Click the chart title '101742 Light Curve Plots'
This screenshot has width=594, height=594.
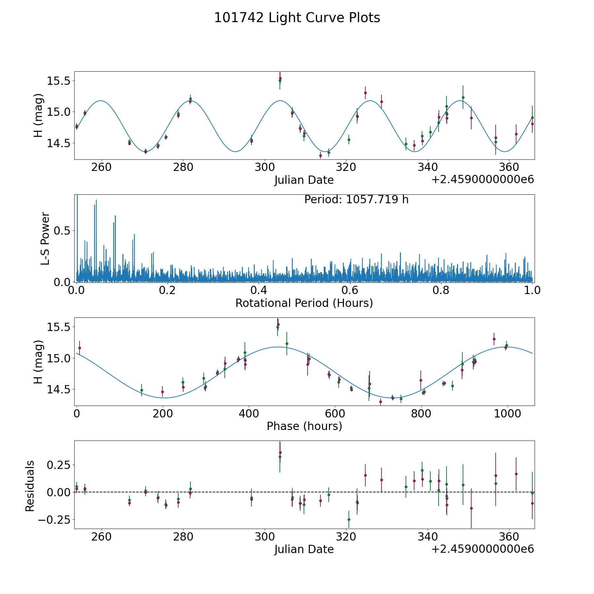pyautogui.click(x=297, y=18)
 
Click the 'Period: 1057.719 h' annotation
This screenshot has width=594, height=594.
pyautogui.click(x=356, y=200)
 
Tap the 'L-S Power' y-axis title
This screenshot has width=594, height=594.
pyautogui.click(x=46, y=238)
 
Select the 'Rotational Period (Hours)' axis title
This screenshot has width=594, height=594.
pyautogui.click(x=304, y=303)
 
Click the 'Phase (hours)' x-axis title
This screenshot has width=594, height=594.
pyautogui.click(x=304, y=426)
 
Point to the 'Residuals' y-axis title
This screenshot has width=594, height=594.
pyautogui.click(x=30, y=486)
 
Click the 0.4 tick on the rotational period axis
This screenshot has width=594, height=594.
pyautogui.click(x=259, y=291)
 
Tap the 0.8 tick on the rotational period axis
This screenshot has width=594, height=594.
pyautogui.click(x=441, y=291)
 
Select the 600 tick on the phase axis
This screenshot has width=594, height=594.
pyautogui.click(x=335, y=414)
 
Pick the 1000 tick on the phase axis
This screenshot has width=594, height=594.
pyautogui.click(x=507, y=414)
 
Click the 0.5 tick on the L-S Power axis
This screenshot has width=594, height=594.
pyautogui.click(x=62, y=230)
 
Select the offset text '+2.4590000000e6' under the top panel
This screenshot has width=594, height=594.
pyautogui.click(x=482, y=180)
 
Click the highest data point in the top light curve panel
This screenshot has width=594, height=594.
pyautogui.click(x=280, y=79)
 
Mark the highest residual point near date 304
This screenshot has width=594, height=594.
pyautogui.click(x=280, y=453)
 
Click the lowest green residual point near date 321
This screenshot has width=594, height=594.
pyautogui.click(x=349, y=519)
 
